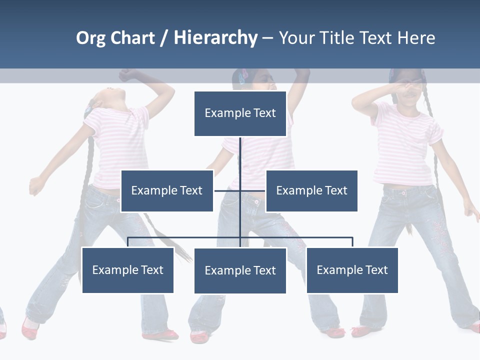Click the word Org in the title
click(91, 38)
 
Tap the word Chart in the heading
click(132, 38)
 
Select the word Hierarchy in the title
click(215, 38)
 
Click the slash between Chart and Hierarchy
click(164, 38)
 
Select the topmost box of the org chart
click(240, 113)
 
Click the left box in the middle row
click(167, 190)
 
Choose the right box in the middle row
click(311, 190)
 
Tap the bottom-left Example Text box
click(127, 270)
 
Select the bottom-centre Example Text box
click(240, 270)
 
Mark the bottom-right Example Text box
click(352, 270)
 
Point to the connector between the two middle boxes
click(227, 190)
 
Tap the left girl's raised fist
click(127, 75)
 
